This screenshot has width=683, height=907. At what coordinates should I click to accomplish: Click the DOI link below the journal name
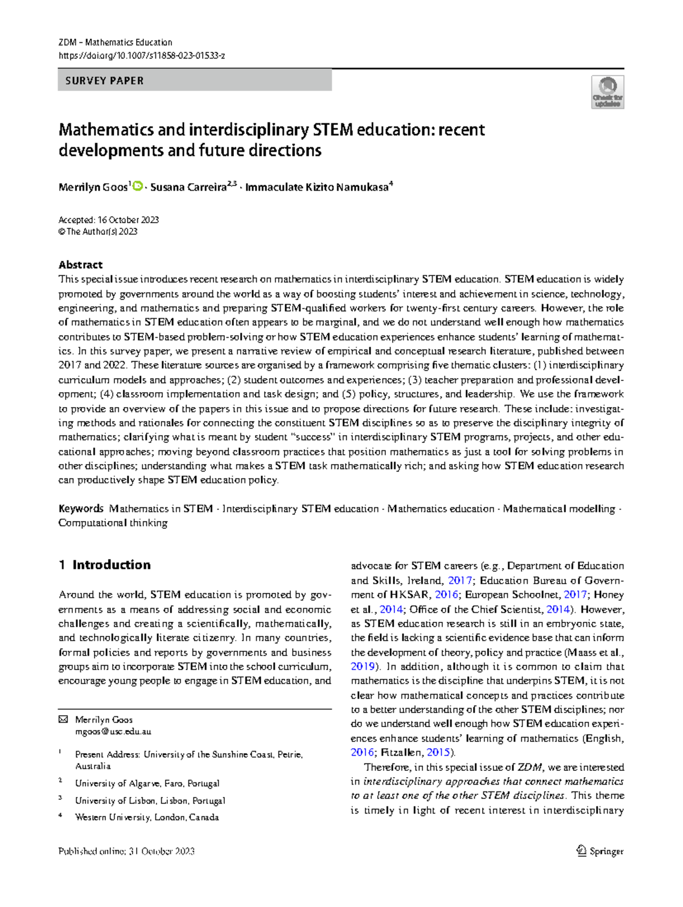(142, 56)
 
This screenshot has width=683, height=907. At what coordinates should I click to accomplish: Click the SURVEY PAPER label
(105, 81)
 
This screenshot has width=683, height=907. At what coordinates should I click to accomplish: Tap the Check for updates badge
(607, 92)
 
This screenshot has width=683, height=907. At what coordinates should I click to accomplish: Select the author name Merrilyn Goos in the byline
(93, 187)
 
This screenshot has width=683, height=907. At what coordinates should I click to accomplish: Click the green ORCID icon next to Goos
(137, 186)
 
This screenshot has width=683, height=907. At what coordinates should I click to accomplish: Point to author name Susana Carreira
(188, 187)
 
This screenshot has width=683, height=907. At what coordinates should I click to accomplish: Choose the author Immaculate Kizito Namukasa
(316, 187)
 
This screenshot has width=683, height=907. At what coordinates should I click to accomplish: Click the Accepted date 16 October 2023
(109, 220)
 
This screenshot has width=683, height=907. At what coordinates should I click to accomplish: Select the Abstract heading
(80, 265)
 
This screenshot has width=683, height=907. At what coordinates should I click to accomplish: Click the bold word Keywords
(81, 508)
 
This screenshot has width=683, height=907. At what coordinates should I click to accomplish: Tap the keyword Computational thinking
(113, 523)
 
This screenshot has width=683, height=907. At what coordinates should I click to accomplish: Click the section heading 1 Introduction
(105, 565)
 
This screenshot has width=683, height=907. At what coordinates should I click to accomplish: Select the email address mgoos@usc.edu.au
(113, 732)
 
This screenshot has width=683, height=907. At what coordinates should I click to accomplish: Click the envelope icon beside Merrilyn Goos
(63, 720)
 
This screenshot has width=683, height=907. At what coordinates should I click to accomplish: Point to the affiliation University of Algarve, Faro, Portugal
(147, 783)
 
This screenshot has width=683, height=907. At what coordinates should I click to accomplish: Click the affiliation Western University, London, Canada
(147, 817)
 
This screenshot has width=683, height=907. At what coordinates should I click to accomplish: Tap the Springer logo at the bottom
(600, 851)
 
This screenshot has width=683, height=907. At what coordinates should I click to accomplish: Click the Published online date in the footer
(126, 851)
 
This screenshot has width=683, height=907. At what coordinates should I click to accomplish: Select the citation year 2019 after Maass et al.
(363, 666)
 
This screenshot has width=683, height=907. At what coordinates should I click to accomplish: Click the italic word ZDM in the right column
(529, 767)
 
